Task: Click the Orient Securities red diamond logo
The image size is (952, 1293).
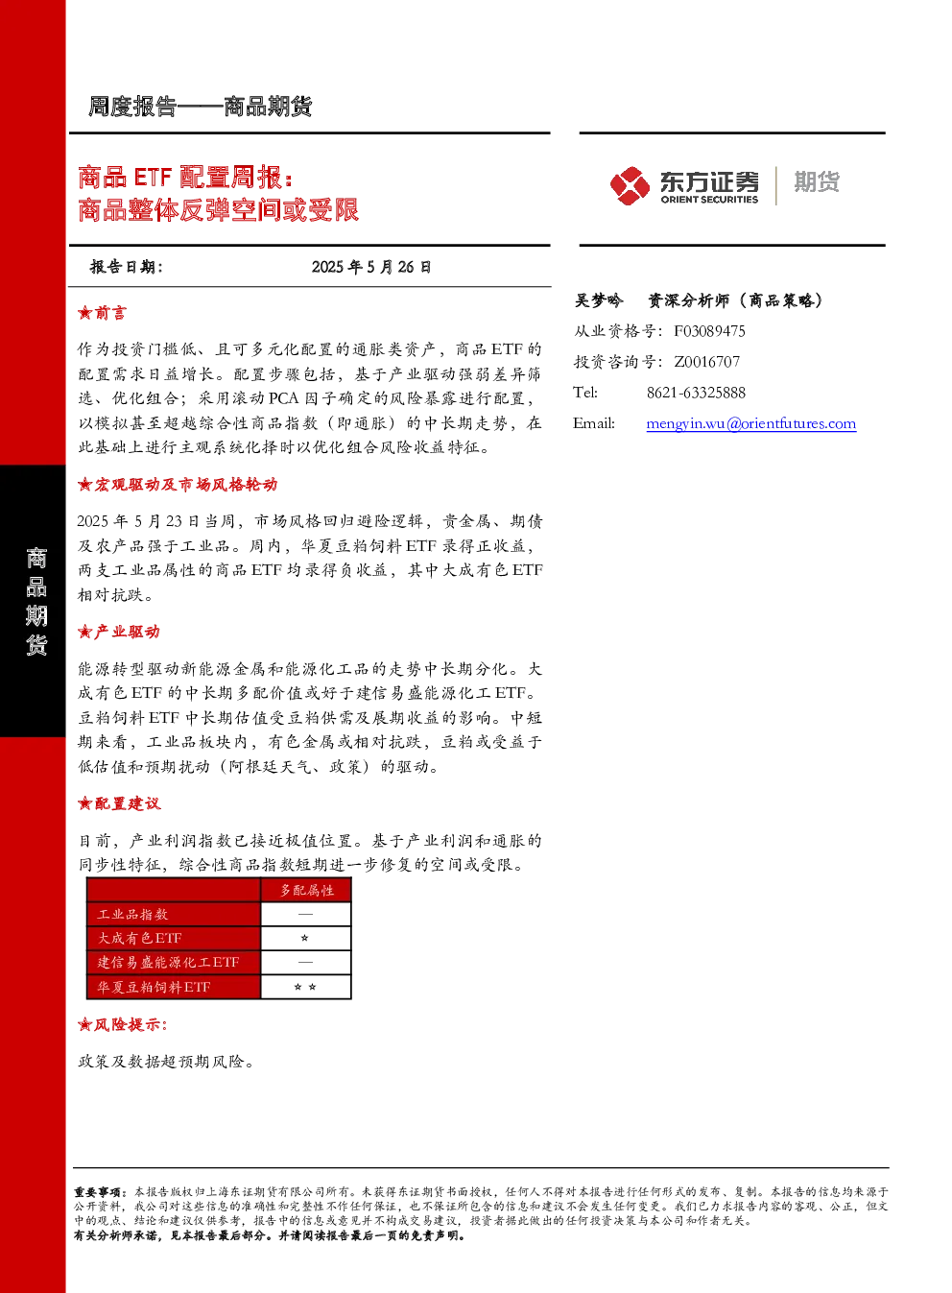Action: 630,185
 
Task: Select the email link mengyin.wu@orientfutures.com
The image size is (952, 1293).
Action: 750,423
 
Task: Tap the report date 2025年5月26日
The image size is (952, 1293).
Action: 371,267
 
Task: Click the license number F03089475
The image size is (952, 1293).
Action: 709,331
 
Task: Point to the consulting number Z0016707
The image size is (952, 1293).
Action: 706,362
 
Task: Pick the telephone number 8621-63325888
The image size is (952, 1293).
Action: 696,393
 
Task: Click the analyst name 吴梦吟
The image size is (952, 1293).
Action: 598,300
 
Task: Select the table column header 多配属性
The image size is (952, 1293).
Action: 307,890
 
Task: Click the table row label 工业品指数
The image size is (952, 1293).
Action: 132,915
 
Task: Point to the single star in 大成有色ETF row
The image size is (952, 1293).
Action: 304,938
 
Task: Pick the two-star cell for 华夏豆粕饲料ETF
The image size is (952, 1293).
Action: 305,987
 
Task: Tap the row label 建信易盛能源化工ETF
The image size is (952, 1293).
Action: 168,962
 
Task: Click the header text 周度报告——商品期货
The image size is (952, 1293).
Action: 200,107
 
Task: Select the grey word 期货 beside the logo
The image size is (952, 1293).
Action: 817,181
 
